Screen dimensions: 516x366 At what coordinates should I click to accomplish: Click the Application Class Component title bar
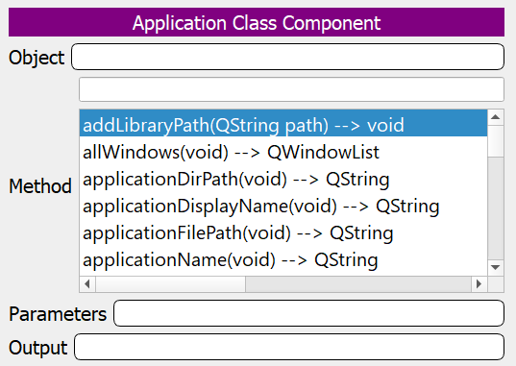pos(256,22)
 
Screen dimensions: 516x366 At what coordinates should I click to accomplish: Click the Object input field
pos(287,58)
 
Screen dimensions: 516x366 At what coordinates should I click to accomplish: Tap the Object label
pos(37,58)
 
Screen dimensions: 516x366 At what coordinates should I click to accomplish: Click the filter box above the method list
pos(291,89)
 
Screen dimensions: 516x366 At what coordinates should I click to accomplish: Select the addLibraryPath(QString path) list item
pos(243,125)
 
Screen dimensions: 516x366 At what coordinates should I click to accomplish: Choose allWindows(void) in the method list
pos(231,152)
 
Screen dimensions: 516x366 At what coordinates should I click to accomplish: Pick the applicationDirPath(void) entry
pos(235,179)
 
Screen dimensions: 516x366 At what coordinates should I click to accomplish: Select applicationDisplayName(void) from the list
pos(260,206)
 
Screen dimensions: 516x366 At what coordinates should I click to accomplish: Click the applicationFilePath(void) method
pos(238,232)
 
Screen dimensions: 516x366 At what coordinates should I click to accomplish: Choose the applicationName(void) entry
pos(230,259)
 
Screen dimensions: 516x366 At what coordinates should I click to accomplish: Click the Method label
pos(39,186)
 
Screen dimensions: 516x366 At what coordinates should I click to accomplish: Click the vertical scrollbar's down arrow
pos(496,267)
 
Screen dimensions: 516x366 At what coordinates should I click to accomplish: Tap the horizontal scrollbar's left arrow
pos(87,284)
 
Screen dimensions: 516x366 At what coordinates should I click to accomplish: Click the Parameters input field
pos(308,314)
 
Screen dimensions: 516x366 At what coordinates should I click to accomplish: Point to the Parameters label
pos(57,314)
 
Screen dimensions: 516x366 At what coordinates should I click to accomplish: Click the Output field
pos(288,347)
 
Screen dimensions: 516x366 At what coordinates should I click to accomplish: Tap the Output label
pos(37,347)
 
